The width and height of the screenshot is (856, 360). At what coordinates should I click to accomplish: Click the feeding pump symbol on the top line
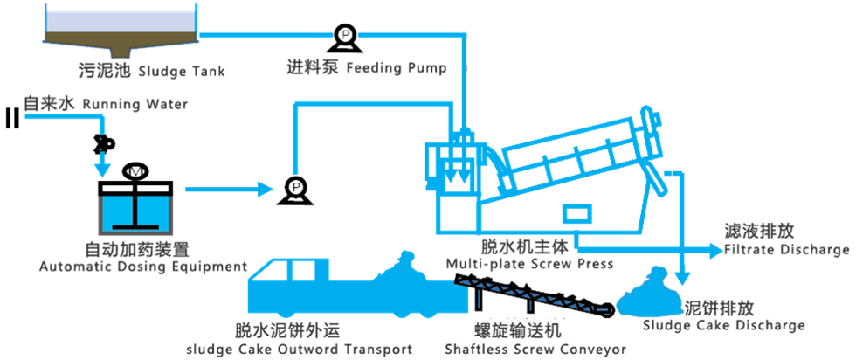346,38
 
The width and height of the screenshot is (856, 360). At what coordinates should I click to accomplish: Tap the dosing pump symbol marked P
296,190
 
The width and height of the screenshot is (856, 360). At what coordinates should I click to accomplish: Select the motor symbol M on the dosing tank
135,171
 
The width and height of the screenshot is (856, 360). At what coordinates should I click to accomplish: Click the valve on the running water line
104,142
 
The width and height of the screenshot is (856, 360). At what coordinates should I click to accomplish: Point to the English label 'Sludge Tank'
183,71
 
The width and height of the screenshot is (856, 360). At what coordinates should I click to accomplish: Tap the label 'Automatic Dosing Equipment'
143,267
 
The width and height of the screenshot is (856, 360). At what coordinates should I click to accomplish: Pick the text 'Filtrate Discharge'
787,250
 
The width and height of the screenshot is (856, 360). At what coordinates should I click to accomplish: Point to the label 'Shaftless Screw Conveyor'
535,349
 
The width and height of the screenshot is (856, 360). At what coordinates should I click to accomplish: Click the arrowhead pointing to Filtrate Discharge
714,251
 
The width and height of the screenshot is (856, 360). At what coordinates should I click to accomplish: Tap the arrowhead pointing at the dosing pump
266,190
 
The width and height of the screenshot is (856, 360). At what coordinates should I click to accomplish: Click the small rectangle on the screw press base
577,213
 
